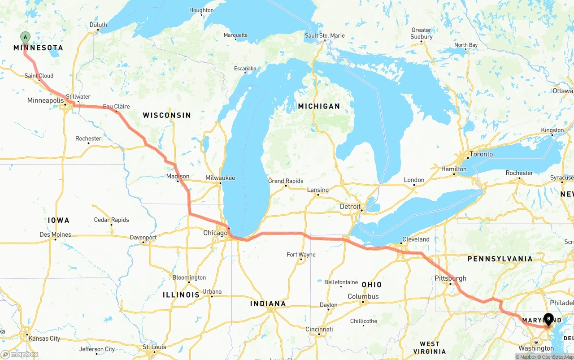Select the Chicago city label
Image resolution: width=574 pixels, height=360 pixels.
click(215, 233)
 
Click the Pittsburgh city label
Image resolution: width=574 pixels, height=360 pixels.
click(450, 278)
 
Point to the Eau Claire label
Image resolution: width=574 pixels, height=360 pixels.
click(116, 107)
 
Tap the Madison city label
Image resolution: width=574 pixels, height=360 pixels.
click(178, 176)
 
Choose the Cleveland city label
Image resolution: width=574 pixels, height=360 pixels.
click(416, 239)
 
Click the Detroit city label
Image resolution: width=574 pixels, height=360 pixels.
click(350, 207)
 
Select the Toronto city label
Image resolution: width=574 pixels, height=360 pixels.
click(481, 154)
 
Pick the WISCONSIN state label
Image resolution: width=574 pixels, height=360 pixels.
click(167, 115)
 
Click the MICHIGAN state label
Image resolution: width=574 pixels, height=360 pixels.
click(319, 106)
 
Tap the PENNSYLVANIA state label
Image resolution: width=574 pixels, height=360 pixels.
click(500, 259)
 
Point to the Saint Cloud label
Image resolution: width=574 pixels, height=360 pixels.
click(39, 76)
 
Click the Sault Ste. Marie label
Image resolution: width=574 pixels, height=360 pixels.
click(325, 36)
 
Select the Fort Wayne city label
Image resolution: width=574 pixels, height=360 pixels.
click(301, 255)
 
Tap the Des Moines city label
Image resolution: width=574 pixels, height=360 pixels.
click(55, 234)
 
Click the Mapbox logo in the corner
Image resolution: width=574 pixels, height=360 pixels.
click(20, 354)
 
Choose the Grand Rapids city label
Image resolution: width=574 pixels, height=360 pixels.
click(286, 181)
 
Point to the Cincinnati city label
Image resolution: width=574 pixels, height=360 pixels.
click(319, 330)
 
